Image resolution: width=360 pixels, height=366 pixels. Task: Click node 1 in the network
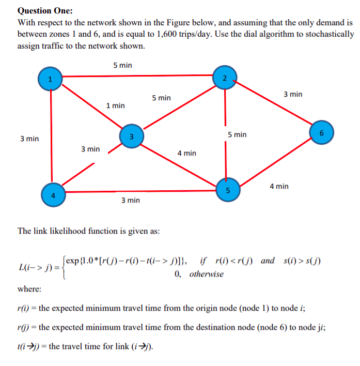[50, 79]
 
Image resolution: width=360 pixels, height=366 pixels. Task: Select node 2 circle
[224, 79]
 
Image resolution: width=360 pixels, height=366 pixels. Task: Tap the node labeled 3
[132, 136]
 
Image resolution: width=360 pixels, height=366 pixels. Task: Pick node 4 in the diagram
[52, 194]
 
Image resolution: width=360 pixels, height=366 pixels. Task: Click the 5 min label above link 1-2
[122, 65]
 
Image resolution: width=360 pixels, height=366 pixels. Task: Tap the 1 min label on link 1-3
[115, 105]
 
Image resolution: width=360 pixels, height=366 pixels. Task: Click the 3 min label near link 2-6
[293, 94]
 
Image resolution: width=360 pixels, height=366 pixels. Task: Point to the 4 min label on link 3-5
[186, 153]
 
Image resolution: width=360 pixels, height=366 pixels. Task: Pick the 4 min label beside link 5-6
[279, 186]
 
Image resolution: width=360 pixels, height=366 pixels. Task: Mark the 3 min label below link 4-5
[130, 200]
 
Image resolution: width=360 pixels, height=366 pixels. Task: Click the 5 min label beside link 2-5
[237, 134]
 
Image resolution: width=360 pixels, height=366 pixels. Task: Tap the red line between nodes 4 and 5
[139, 191]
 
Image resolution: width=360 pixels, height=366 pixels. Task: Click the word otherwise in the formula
[207, 273]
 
